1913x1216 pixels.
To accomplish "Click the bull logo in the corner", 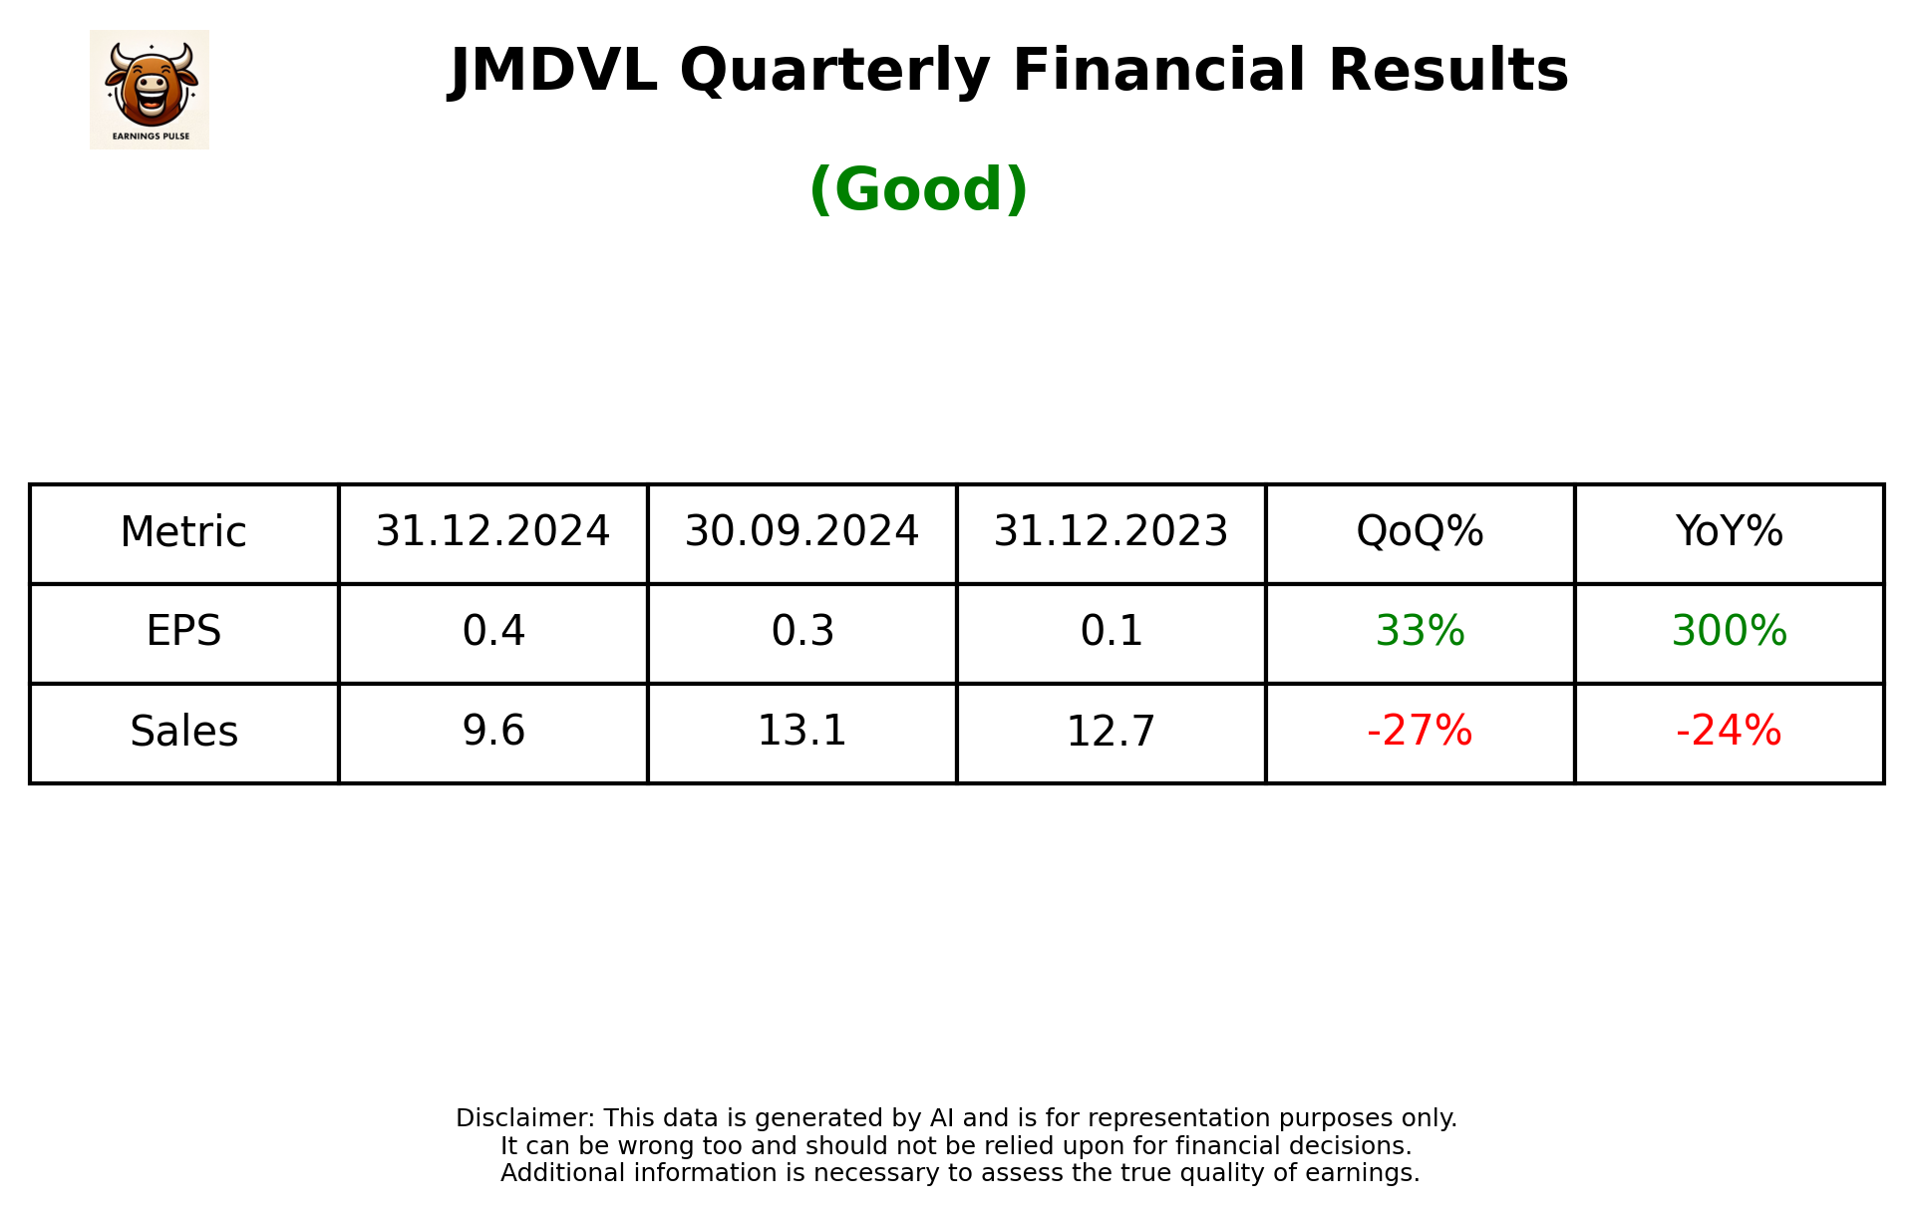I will (x=150, y=90).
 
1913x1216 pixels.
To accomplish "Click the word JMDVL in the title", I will (x=553, y=72).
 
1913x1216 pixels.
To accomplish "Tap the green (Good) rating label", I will (x=918, y=189).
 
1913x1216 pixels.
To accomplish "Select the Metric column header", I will (x=183, y=532).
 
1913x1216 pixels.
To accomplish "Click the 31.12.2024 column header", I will (x=492, y=532).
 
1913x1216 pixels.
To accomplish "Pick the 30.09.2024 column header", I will (x=801, y=532).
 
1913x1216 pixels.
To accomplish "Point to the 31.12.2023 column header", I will (x=1111, y=532).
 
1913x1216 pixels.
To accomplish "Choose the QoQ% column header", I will (x=1420, y=532).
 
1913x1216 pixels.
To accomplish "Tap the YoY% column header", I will (x=1729, y=532).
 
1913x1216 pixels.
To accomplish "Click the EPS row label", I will (x=183, y=632).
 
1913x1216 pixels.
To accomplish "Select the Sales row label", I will (x=183, y=732).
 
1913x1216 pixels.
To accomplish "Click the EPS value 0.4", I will (x=492, y=632).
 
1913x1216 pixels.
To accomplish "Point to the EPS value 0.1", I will (x=1111, y=632).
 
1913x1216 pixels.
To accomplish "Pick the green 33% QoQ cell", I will (x=1420, y=632).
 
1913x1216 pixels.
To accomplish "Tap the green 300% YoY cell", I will (x=1729, y=632).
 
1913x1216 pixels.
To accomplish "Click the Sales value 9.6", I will (x=492, y=732).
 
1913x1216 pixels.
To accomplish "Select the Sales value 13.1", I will (x=801, y=732).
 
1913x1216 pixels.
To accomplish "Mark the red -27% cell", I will (x=1420, y=732).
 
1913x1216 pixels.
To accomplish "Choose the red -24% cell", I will (x=1729, y=732).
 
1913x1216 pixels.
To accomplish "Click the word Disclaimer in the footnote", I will (x=524, y=1118).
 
